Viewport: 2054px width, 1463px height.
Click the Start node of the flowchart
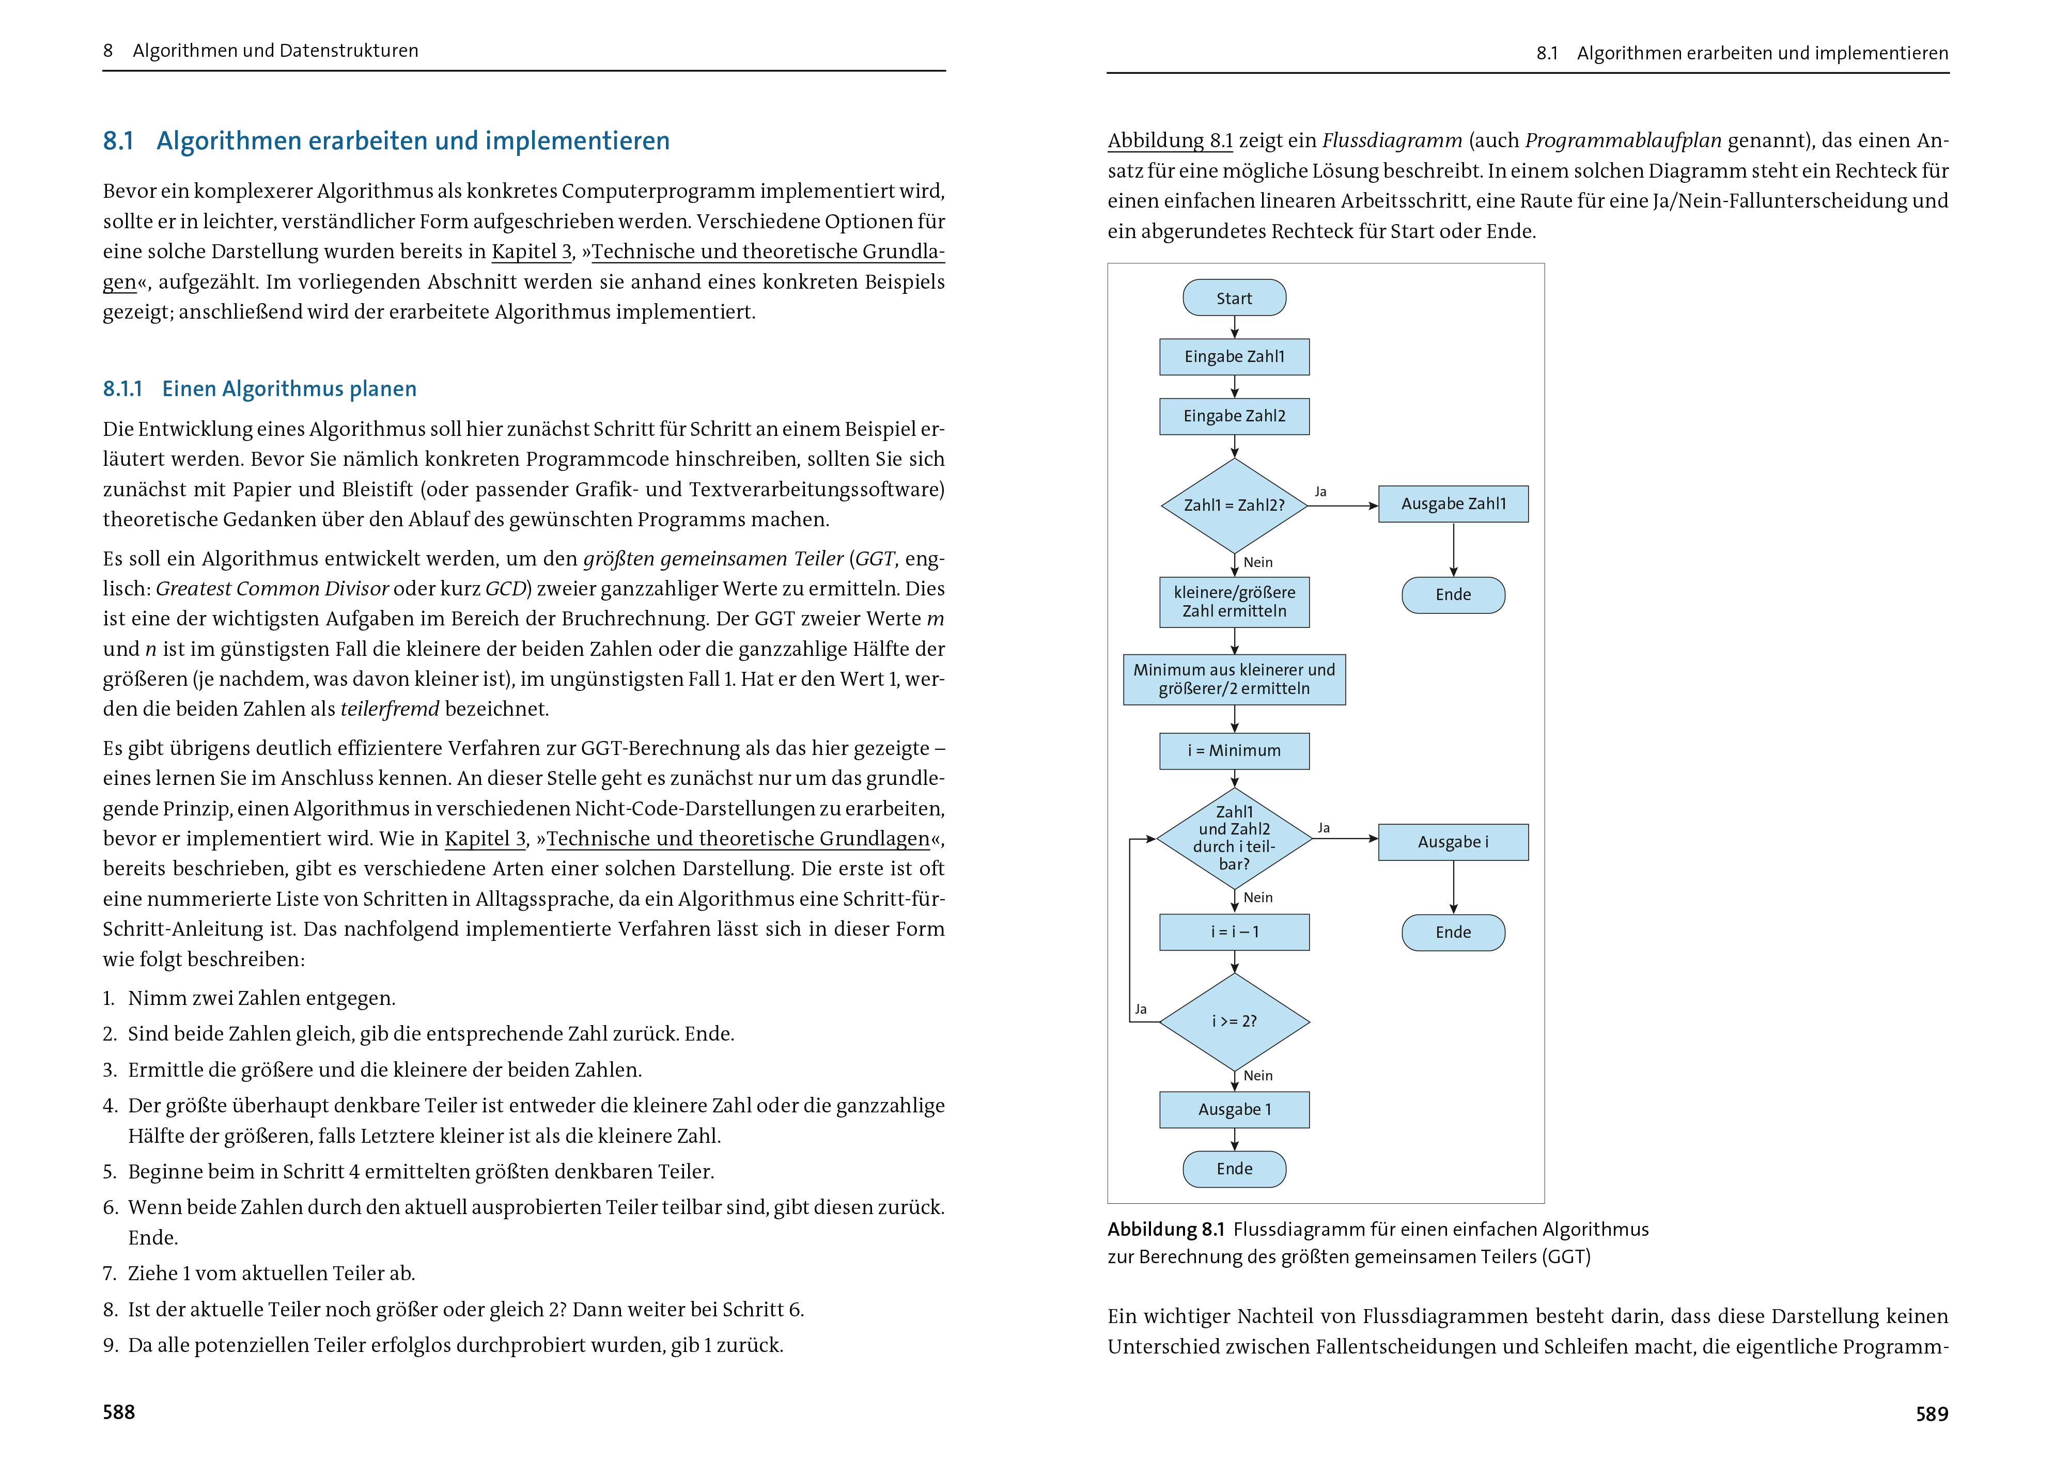[x=1234, y=298]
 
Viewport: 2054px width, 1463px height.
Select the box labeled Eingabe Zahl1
[x=1234, y=357]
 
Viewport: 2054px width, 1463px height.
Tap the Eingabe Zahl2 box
[x=1234, y=416]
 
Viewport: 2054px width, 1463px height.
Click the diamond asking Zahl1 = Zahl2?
[x=1234, y=506]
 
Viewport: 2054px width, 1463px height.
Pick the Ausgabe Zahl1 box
[x=1453, y=504]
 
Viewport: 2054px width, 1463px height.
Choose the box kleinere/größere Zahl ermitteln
[x=1234, y=602]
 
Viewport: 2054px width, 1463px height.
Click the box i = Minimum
[x=1234, y=750]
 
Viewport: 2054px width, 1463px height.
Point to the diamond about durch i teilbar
[x=1234, y=838]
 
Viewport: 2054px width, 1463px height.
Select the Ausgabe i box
[x=1453, y=842]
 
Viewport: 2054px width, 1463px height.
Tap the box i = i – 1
[x=1234, y=933]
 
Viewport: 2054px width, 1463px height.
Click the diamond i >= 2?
[x=1234, y=1021]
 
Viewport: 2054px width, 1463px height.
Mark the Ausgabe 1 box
[x=1234, y=1110]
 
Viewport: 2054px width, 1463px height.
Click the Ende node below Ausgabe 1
[x=1234, y=1169]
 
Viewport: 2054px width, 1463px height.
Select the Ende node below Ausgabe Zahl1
[x=1453, y=594]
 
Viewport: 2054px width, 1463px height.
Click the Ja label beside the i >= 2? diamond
[x=1140, y=1009]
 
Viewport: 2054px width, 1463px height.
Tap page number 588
[x=119, y=1412]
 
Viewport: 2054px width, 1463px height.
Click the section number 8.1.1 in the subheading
[x=122, y=389]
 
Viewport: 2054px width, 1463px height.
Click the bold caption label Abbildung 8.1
[x=1165, y=1230]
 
